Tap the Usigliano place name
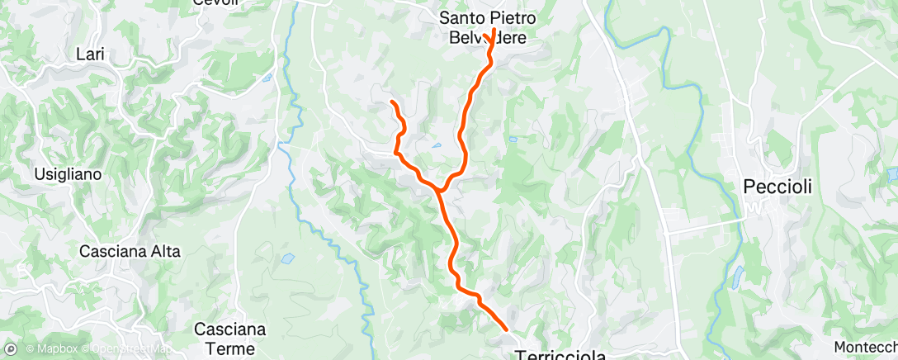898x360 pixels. pos(67,174)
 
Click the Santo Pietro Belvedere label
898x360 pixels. pos(494,26)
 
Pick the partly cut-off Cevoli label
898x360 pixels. pos(215,2)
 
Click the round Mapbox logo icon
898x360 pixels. pos(10,349)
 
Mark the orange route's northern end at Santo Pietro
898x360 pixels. pos(494,31)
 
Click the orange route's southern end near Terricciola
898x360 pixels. pos(506,329)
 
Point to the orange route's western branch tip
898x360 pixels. pos(391,102)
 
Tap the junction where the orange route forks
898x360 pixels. pos(440,192)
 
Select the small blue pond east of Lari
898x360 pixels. pos(266,78)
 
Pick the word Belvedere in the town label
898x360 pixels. pos(494,37)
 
